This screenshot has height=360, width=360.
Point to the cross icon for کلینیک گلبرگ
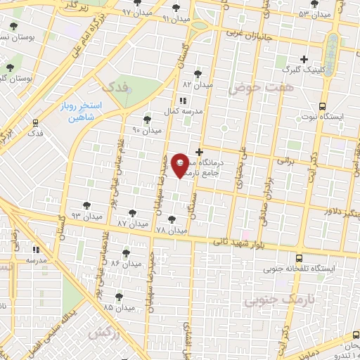(x=304, y=60)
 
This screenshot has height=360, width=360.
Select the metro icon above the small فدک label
(x=34, y=121)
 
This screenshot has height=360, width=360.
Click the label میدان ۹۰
(x=146, y=130)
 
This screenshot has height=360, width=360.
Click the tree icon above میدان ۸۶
(x=126, y=252)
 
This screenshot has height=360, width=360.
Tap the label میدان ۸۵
(x=118, y=307)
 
